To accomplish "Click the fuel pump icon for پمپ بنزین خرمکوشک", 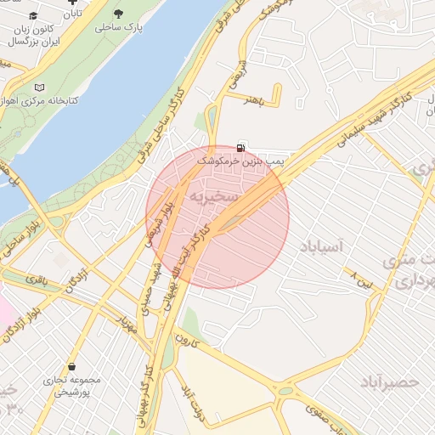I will (x=244, y=147).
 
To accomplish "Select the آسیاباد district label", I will (x=320, y=247).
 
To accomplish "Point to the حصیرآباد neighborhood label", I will (x=389, y=381).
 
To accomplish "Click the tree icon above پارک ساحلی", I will (x=118, y=14).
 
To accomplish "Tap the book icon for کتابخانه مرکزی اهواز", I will (x=38, y=87).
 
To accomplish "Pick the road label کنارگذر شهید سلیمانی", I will (x=347, y=122).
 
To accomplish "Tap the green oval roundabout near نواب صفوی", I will (x=291, y=392).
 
